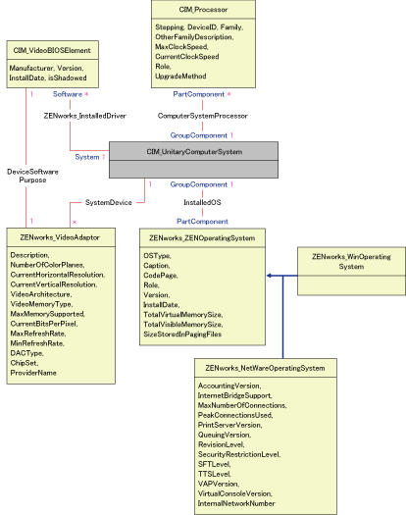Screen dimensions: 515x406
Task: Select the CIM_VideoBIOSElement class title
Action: [x=53, y=48]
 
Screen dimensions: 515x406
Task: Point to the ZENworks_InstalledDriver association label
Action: [x=85, y=115]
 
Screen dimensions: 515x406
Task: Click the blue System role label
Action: [x=87, y=157]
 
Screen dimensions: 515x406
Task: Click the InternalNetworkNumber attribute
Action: [x=236, y=502]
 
